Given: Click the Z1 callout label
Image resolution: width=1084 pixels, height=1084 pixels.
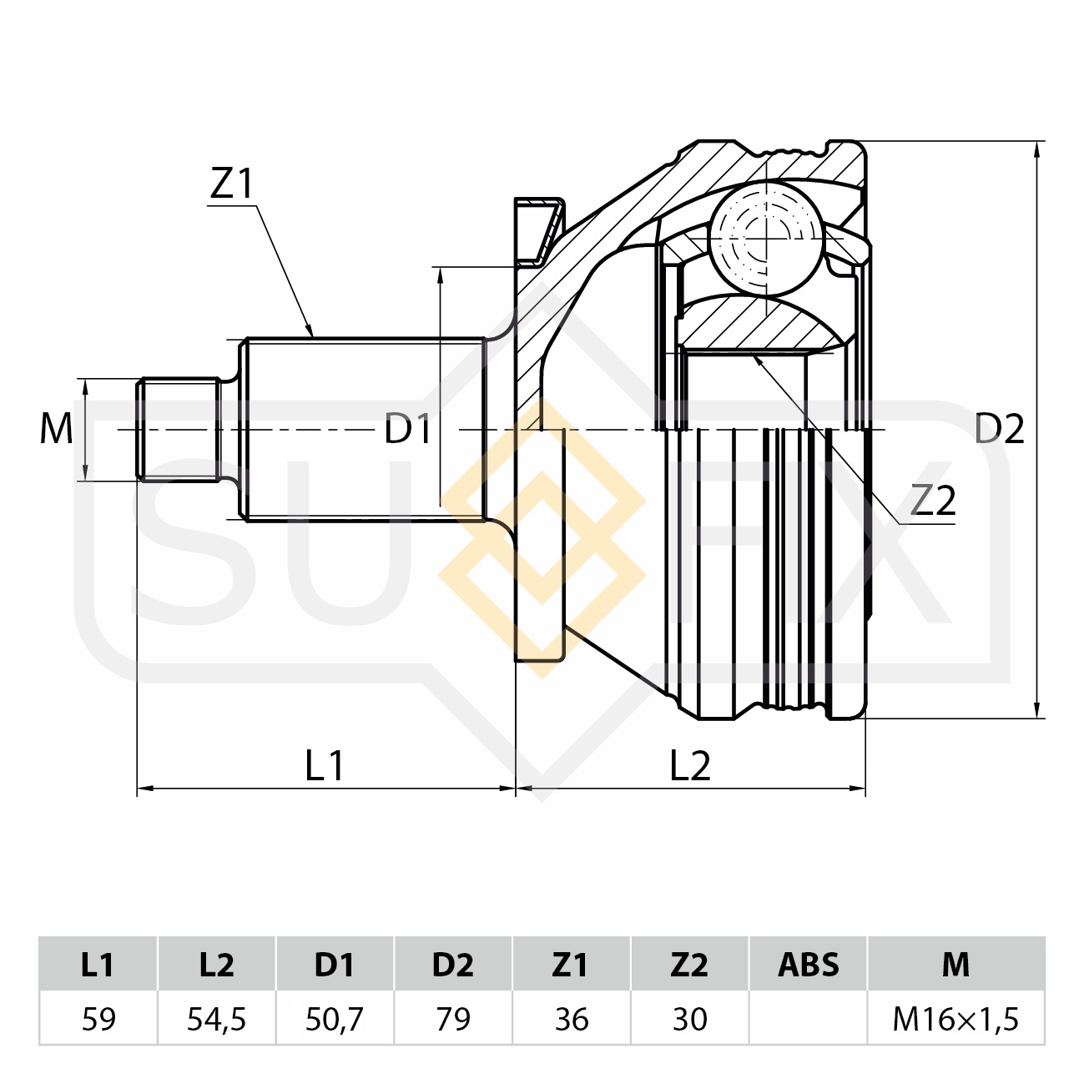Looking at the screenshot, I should point(231,184).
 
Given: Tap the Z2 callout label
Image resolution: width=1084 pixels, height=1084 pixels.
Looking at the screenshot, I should point(932,501).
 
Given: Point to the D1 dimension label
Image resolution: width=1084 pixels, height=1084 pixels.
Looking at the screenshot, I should point(407,429).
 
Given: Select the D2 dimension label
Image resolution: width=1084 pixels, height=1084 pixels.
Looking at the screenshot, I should point(999,429).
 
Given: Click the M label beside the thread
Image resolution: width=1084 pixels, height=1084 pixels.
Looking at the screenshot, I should point(57,429).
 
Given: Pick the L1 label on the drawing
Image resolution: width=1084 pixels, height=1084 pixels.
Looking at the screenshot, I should point(325,765).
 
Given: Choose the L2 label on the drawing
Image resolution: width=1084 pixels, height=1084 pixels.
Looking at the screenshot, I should point(690,765).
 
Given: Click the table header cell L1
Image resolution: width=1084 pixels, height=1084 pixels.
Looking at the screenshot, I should point(98,965).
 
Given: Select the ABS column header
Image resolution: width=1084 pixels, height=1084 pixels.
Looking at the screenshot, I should point(808,965).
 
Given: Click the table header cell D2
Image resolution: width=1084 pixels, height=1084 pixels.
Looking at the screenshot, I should point(452,965).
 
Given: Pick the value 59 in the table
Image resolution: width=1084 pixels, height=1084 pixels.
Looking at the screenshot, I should point(98,1019).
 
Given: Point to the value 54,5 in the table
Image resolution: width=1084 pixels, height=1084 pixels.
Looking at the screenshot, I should point(216,1019).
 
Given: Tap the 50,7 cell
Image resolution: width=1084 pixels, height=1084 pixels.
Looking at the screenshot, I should point(334,1019).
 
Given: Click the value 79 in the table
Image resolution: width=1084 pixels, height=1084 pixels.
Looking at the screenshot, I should point(452,1019).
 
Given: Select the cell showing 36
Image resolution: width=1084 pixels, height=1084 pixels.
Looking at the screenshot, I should point(571,1019).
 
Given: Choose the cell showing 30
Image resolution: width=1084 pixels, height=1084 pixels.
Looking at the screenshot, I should point(689,1019).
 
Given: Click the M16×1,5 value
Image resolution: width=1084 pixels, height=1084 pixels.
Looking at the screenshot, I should point(955,1019).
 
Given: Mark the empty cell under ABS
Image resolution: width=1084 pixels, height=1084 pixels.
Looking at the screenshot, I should point(808,1019).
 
